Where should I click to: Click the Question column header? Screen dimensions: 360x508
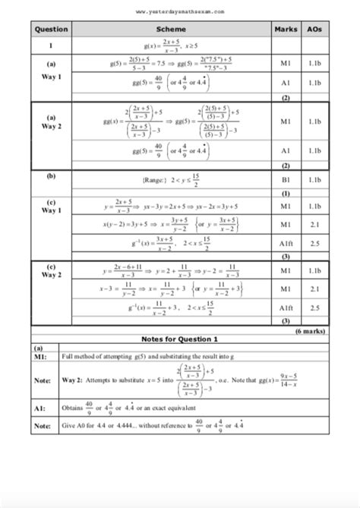click(x=50, y=30)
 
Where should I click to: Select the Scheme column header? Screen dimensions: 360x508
click(x=165, y=30)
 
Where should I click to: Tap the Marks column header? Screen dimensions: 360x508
click(x=286, y=30)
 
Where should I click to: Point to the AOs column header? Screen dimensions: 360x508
click(x=313, y=30)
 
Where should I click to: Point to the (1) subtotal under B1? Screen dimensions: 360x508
click(x=286, y=194)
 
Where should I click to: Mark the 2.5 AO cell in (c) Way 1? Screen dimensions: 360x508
click(x=313, y=243)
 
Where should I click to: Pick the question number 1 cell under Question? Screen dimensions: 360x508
click(x=50, y=47)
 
